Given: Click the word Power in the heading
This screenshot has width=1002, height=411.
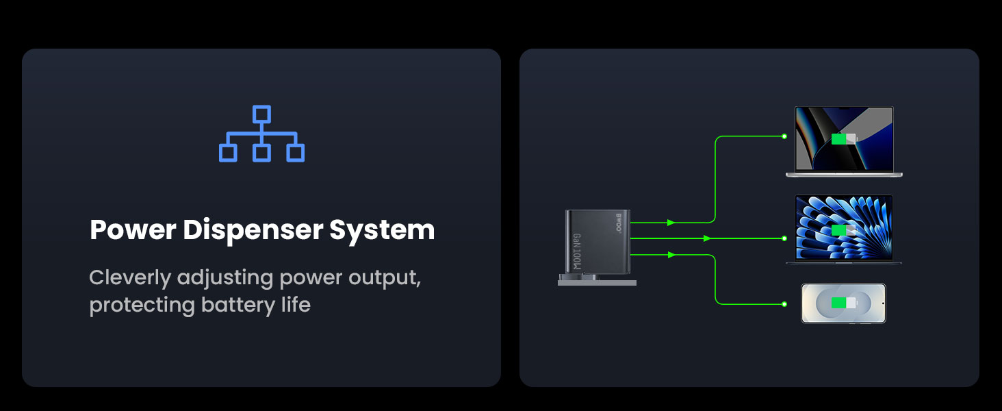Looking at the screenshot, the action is pyautogui.click(x=133, y=229).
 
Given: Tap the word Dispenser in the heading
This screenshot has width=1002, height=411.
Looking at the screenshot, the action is pyautogui.click(x=253, y=231).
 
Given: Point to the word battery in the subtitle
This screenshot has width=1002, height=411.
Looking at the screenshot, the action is pyautogui.click(x=238, y=305).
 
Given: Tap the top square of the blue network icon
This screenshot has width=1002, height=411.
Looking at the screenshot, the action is pyautogui.click(x=261, y=114).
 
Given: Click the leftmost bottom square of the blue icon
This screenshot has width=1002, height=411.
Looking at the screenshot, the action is pyautogui.click(x=228, y=153).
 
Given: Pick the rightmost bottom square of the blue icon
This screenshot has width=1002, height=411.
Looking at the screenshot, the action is pyautogui.click(x=295, y=153).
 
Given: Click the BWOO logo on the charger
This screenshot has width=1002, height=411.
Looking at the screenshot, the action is pyautogui.click(x=619, y=223).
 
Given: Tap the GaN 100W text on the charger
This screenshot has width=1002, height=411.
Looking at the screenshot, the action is pyautogui.click(x=578, y=251).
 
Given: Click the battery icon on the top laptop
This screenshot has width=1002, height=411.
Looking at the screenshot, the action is pyautogui.click(x=844, y=139).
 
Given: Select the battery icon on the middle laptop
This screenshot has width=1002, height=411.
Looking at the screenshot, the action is pyautogui.click(x=844, y=230).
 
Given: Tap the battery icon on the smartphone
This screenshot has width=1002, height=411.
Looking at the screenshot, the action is pyautogui.click(x=844, y=303).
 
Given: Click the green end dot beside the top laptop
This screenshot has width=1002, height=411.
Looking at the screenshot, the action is pyautogui.click(x=784, y=136).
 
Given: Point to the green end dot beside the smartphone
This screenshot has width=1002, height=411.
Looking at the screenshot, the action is pyautogui.click(x=784, y=304).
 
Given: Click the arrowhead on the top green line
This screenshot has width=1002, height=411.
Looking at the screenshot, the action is pyautogui.click(x=671, y=223).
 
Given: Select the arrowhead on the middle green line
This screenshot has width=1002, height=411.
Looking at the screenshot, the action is pyautogui.click(x=707, y=238).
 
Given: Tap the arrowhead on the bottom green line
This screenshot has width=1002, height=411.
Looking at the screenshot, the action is pyautogui.click(x=671, y=255).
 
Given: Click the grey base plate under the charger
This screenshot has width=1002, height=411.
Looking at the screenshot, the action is pyautogui.click(x=597, y=282).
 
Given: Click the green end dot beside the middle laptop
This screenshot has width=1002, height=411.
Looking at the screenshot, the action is pyautogui.click(x=784, y=238).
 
